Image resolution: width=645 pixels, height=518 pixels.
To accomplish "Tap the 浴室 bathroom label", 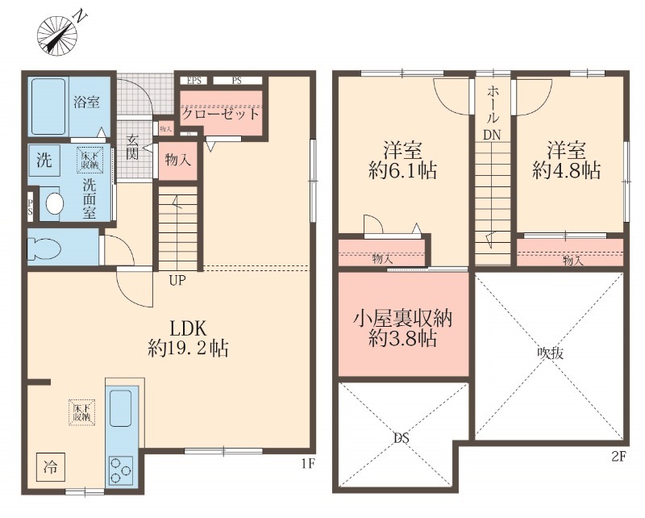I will tap(87, 102).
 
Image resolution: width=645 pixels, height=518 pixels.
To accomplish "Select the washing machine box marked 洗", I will tap(44, 159).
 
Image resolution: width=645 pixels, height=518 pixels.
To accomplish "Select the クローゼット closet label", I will tap(220, 113).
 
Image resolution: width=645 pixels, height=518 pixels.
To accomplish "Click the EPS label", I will tap(194, 80).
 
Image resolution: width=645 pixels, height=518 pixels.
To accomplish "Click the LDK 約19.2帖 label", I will tap(188, 338).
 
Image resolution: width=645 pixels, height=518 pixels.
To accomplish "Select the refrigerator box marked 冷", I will tap(50, 466).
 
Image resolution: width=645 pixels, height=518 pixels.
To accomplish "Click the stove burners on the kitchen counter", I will tap(123, 470).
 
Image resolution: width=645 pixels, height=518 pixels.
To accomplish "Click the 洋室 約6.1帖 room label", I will tap(402, 160).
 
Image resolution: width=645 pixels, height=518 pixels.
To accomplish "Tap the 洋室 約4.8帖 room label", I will tap(566, 160).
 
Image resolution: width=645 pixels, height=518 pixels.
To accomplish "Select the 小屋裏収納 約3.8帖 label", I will tap(402, 327).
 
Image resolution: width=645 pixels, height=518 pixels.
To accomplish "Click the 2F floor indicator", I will tap(618, 457).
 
